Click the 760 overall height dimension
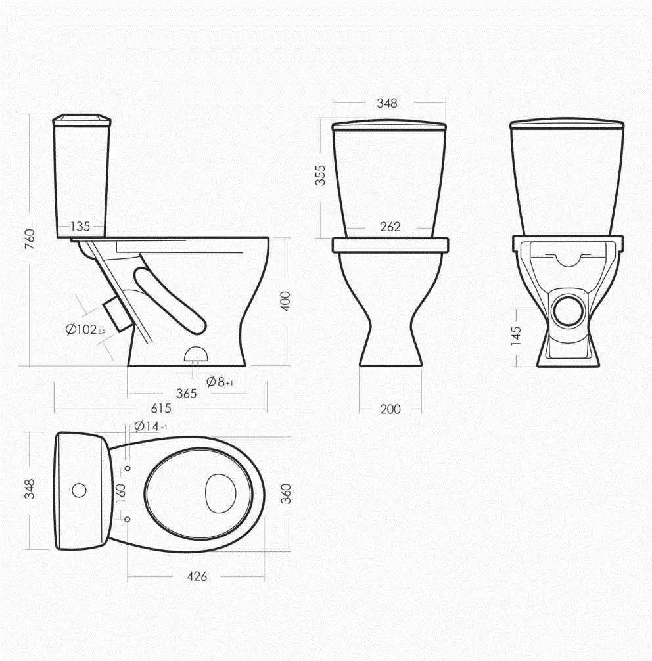click(30, 239)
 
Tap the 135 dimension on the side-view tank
click(80, 227)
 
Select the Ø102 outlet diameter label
click(85, 329)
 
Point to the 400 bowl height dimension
click(286, 301)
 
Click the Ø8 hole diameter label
click(220, 382)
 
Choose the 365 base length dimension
click(187, 394)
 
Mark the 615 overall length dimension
click(161, 408)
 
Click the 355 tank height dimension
click(321, 175)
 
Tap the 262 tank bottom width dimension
click(390, 227)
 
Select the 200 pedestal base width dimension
click(390, 409)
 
